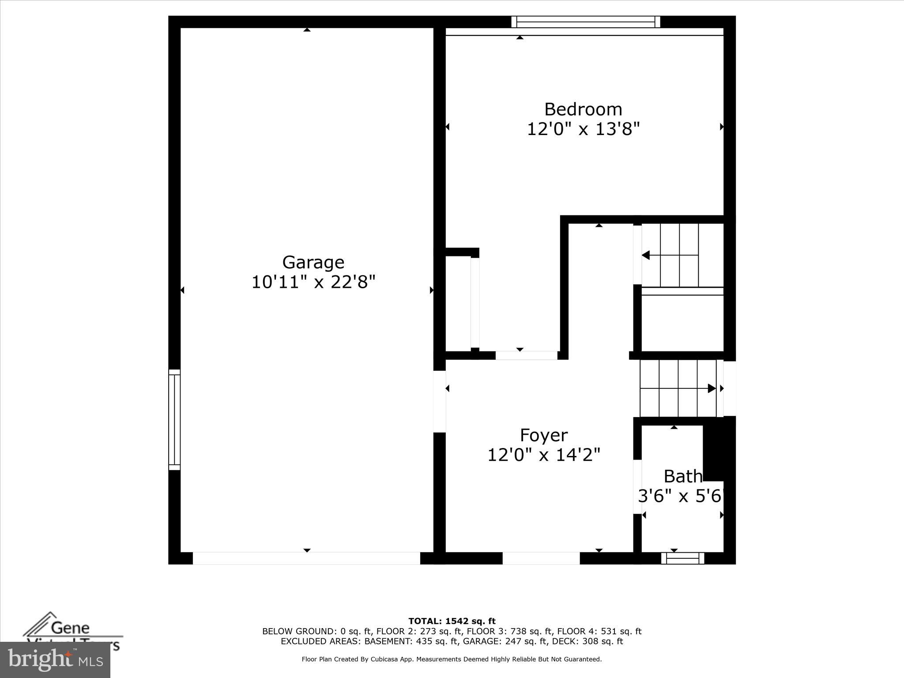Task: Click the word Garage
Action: (313, 262)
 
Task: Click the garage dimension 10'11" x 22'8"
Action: (313, 282)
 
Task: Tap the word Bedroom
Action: (583, 109)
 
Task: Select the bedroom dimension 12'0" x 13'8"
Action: (583, 129)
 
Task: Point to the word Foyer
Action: (543, 435)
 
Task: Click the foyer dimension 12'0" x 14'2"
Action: (543, 455)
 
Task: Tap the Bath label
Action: (682, 476)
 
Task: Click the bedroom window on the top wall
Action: (585, 22)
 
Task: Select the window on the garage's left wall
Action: (174, 419)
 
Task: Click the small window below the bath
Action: (682, 558)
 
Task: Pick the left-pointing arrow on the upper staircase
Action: (646, 255)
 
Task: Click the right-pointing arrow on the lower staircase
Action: (712, 388)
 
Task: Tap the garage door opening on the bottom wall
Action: (306, 558)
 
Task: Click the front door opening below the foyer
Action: (541, 558)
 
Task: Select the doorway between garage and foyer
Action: (439, 401)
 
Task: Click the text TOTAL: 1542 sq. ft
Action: (452, 621)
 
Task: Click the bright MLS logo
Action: (55, 660)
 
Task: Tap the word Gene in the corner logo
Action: (71, 628)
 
